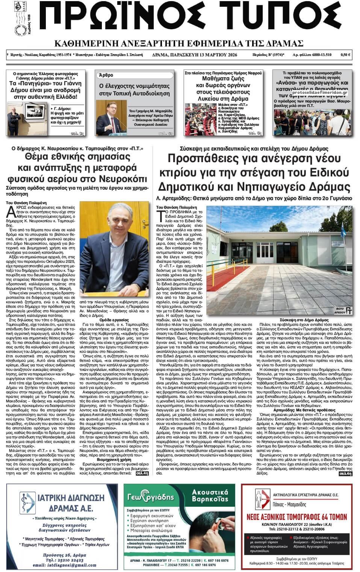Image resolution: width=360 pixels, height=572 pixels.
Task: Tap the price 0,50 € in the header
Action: pyautogui.click(x=345, y=55)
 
